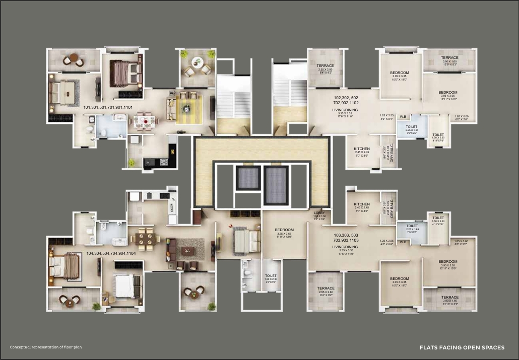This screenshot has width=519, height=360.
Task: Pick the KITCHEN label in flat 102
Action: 361,149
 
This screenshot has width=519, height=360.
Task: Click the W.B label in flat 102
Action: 403,117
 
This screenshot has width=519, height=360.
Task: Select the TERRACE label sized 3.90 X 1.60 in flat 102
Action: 449,58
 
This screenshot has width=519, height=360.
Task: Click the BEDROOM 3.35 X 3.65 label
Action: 285,230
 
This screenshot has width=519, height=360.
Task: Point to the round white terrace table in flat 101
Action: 197,63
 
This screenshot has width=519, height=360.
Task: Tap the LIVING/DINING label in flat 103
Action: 345,247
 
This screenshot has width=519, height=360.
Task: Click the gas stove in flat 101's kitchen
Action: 164,162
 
